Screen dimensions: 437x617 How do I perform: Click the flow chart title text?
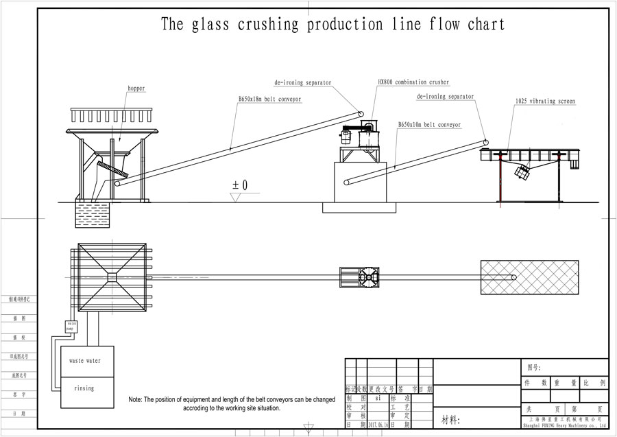pos(333,25)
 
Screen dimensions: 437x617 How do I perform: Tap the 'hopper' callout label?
pos(136,88)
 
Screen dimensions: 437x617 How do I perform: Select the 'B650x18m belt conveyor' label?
pos(269,99)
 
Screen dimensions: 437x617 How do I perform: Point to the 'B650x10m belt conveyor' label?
pos(429,125)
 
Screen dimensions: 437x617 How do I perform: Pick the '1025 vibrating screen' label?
pos(545,102)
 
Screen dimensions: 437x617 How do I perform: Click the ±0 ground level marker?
pos(240,185)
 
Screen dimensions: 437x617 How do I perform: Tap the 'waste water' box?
pos(85,361)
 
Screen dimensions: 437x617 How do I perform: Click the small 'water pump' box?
pos(73,324)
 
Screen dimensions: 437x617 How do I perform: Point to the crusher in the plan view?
pos(359,277)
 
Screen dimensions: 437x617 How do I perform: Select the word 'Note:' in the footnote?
pos(136,399)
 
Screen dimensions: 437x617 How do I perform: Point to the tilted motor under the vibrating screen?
pos(524,172)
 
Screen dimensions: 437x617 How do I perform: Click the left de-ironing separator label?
pos(302,83)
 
